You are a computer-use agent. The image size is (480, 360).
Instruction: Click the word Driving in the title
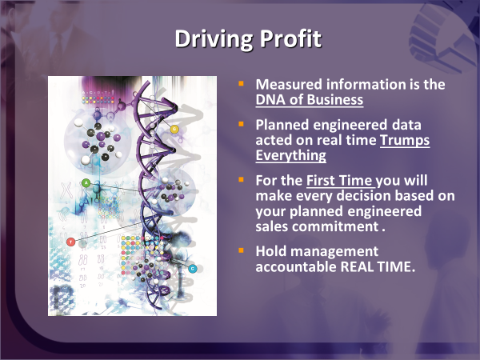pyautogui.click(x=214, y=39)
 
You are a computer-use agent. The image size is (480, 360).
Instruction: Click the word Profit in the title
pyautogui.click(x=290, y=38)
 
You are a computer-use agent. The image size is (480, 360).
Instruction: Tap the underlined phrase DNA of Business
pyautogui.click(x=310, y=99)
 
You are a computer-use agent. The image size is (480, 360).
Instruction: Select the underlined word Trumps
pyautogui.click(x=405, y=141)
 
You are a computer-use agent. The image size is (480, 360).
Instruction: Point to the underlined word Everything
pyautogui.click(x=291, y=155)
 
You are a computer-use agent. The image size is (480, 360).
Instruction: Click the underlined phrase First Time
pyautogui.click(x=339, y=181)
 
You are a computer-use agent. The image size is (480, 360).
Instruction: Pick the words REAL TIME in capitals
pyautogui.click(x=378, y=266)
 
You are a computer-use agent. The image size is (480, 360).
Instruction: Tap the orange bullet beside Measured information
pyautogui.click(x=242, y=83)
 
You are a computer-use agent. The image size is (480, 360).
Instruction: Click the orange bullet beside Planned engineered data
pyautogui.click(x=242, y=124)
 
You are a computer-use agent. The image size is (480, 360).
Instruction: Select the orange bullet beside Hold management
pyautogui.click(x=242, y=250)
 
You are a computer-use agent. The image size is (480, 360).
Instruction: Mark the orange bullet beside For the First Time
pyautogui.click(x=242, y=180)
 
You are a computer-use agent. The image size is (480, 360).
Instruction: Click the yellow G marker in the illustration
pyautogui.click(x=174, y=129)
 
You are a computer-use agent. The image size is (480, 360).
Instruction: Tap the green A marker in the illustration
pyautogui.click(x=86, y=183)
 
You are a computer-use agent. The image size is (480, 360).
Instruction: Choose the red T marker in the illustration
pyautogui.click(x=70, y=242)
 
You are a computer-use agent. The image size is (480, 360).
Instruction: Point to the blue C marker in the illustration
pyautogui.click(x=192, y=269)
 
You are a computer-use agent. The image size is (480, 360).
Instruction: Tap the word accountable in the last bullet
pyautogui.click(x=296, y=266)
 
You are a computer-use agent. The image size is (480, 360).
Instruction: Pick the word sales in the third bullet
pyautogui.click(x=272, y=227)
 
